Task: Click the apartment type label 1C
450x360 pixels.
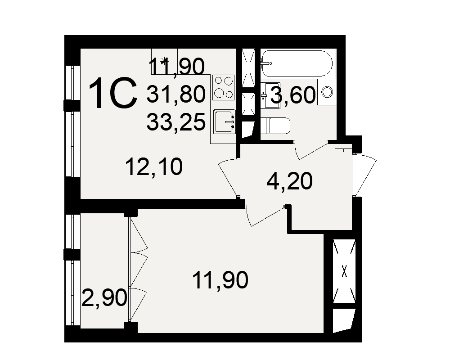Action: [113, 94]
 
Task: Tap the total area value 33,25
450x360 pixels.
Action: [176, 121]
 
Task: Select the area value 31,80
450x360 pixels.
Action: [176, 94]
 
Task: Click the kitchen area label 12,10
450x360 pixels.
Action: [154, 167]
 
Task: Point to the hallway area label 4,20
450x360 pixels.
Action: [289, 182]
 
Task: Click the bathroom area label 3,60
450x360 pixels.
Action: [293, 95]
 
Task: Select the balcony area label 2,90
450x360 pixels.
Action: [104, 298]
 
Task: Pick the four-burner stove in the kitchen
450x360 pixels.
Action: [224, 87]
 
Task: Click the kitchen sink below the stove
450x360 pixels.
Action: [225, 121]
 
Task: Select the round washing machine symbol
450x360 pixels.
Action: [327, 92]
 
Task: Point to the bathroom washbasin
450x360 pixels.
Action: [271, 95]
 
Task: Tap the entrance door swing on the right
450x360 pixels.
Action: [365, 175]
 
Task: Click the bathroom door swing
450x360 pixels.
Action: [311, 150]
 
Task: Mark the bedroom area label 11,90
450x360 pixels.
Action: [220, 280]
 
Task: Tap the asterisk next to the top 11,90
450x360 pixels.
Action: [164, 60]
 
